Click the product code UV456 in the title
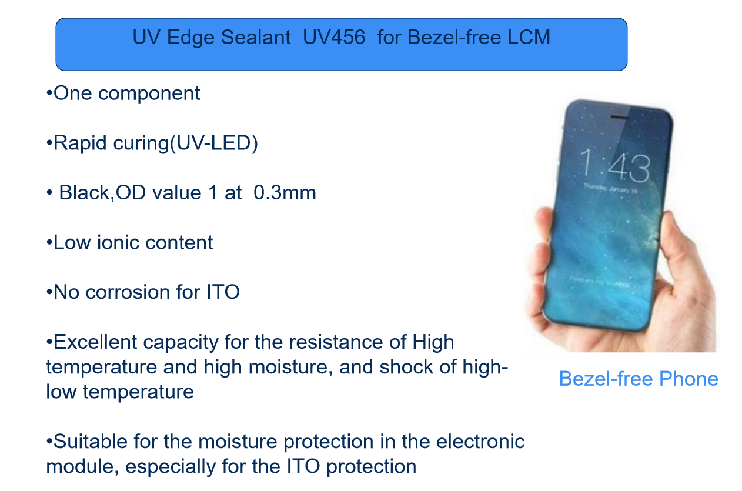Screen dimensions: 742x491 click(334, 37)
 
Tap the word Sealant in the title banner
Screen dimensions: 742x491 click(256, 37)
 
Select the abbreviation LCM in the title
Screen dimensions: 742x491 click(529, 37)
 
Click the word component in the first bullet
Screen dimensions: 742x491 click(149, 94)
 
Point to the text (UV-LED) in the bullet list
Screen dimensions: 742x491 click(213, 143)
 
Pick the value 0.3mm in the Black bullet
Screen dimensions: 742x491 click(285, 192)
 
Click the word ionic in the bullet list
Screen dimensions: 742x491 click(118, 242)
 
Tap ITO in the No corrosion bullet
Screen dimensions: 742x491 click(223, 292)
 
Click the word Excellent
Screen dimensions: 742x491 click(95, 342)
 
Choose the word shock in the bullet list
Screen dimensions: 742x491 click(406, 367)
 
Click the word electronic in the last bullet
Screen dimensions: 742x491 click(480, 441)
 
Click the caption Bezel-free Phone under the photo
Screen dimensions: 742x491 click(639, 379)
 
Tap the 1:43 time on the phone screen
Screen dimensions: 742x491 click(614, 165)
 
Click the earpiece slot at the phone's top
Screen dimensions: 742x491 click(619, 117)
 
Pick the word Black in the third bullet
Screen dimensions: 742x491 click(84, 192)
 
